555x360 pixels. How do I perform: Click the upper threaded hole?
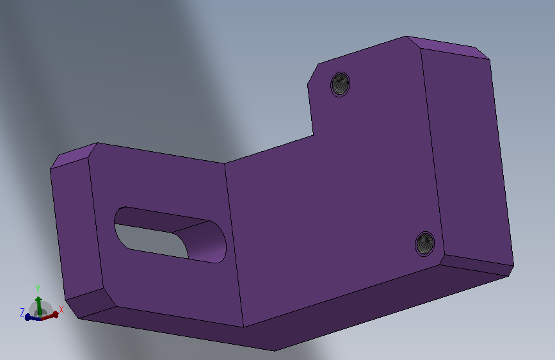pos(340,84)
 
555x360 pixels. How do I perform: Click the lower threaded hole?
pos(425,244)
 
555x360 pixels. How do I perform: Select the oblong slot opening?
pos(170,234)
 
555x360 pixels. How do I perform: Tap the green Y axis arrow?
pos(38,306)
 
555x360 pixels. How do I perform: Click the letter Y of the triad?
pos(38,289)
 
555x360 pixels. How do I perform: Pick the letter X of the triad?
pos(61,309)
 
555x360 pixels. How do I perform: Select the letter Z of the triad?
pos(22,312)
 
